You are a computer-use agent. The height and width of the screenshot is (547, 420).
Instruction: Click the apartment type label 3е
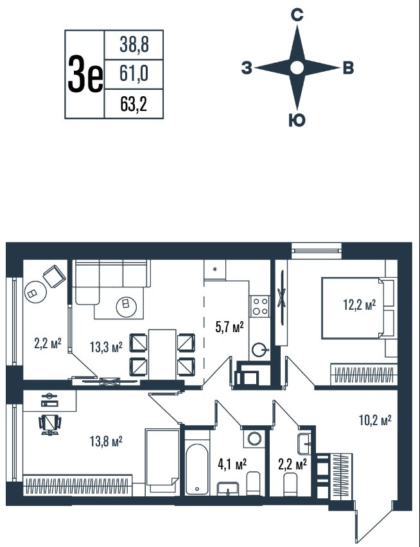click(85, 74)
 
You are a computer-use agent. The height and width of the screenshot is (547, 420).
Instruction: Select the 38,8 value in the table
click(134, 45)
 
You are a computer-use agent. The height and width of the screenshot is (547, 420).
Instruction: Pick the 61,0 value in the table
click(134, 74)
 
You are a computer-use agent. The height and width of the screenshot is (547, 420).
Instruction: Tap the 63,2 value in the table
click(134, 104)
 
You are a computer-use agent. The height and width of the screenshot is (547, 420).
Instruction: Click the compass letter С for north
click(297, 15)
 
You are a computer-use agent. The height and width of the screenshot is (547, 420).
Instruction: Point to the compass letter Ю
click(297, 121)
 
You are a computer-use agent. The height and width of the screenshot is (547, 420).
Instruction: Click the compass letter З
click(247, 68)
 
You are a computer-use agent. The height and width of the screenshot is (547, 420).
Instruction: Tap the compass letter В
click(348, 68)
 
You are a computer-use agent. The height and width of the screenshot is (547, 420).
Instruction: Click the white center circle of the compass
click(297, 68)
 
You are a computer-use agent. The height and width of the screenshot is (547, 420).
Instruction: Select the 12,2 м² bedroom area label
click(359, 305)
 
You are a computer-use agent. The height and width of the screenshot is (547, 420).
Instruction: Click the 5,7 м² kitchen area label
click(229, 327)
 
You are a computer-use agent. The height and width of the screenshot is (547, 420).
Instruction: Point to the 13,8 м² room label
click(106, 442)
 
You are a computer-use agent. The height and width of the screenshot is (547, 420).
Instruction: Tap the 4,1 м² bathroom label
click(232, 464)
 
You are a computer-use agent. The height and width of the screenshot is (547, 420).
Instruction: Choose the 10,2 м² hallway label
click(375, 420)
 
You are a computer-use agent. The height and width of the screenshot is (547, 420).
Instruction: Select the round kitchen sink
click(260, 349)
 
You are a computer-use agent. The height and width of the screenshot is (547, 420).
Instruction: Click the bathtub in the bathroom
click(197, 469)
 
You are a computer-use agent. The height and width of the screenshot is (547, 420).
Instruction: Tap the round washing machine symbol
click(255, 439)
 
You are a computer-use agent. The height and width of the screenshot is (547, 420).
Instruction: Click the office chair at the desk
click(50, 424)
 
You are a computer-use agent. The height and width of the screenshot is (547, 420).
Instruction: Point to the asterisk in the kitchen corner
click(215, 269)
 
